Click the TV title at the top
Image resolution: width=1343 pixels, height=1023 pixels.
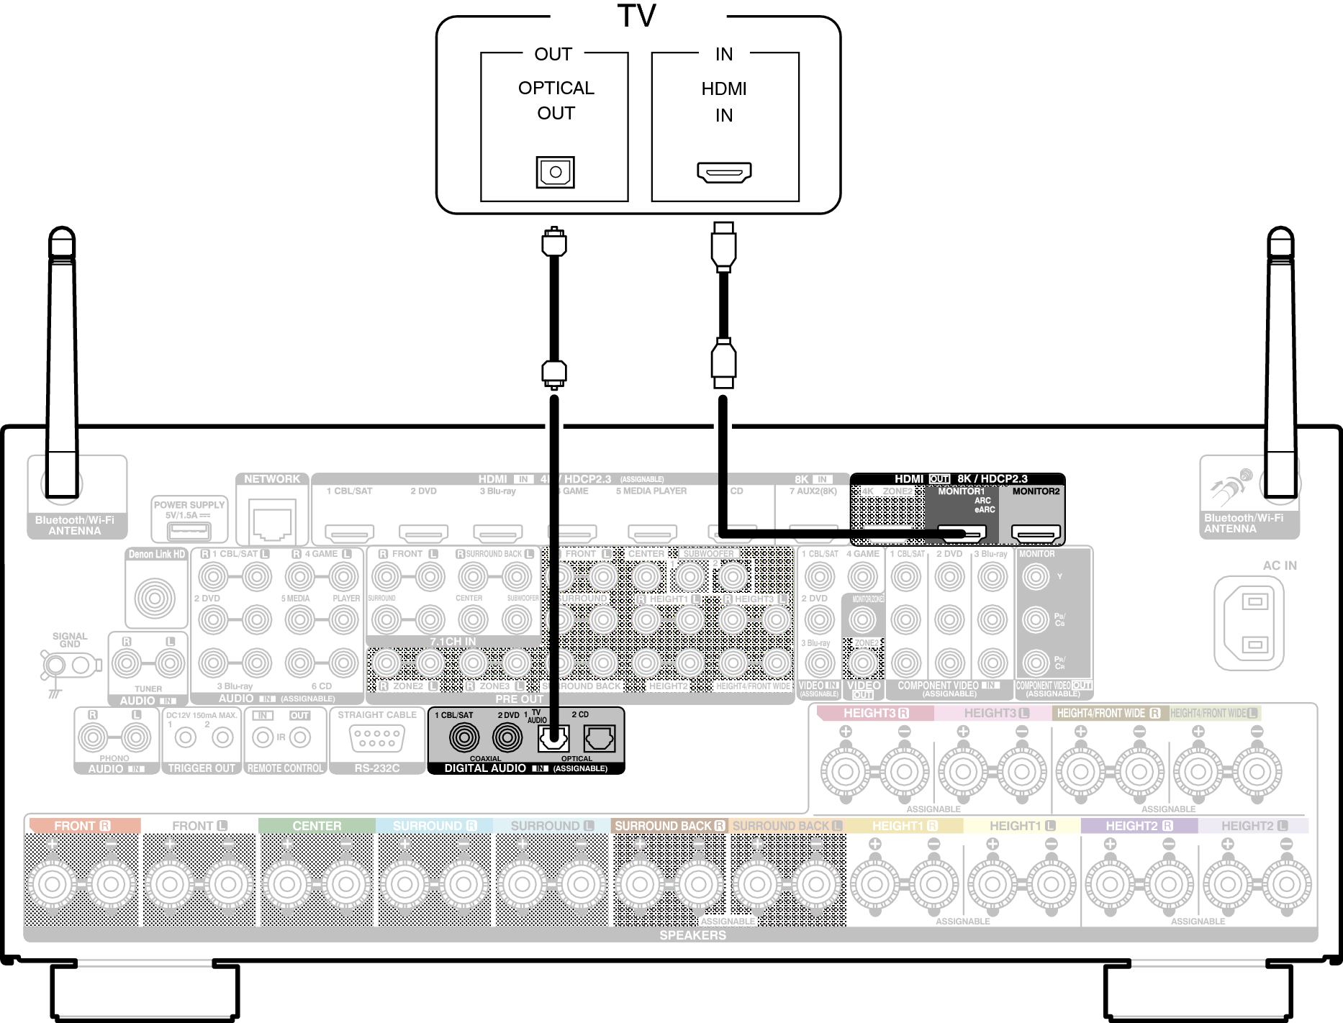636,17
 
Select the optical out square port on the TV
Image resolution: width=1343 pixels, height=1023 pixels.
555,172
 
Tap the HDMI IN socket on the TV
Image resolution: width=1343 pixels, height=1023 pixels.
724,173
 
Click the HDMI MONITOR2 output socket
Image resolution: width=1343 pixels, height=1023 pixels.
1036,534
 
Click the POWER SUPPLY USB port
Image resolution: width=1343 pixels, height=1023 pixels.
189,532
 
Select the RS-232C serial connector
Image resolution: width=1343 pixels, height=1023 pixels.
376,738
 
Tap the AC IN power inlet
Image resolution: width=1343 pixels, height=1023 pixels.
1254,622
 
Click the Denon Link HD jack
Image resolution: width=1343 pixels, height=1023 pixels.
155,597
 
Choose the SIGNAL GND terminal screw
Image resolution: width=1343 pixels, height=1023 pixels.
55,665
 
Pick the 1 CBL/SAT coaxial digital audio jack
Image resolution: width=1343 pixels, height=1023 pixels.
464,737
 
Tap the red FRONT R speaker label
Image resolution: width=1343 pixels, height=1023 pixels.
82,826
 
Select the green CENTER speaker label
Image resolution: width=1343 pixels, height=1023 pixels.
317,826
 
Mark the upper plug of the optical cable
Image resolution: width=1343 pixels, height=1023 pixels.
553,242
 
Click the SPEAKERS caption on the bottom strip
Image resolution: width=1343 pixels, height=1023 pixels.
692,935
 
